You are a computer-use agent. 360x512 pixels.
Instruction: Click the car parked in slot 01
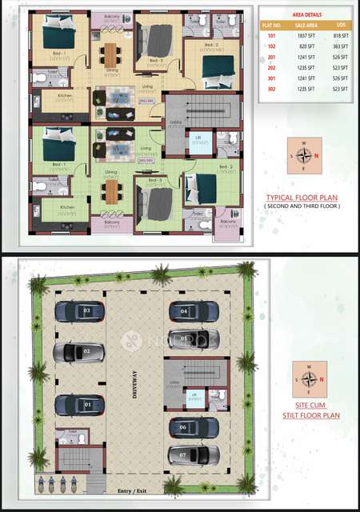click(79, 404)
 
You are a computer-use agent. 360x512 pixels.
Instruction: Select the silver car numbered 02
click(79, 351)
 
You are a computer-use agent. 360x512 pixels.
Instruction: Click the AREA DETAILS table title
click(298, 14)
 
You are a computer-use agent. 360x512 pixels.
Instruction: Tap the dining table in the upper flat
click(110, 54)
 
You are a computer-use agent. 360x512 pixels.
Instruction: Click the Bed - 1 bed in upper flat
click(58, 36)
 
